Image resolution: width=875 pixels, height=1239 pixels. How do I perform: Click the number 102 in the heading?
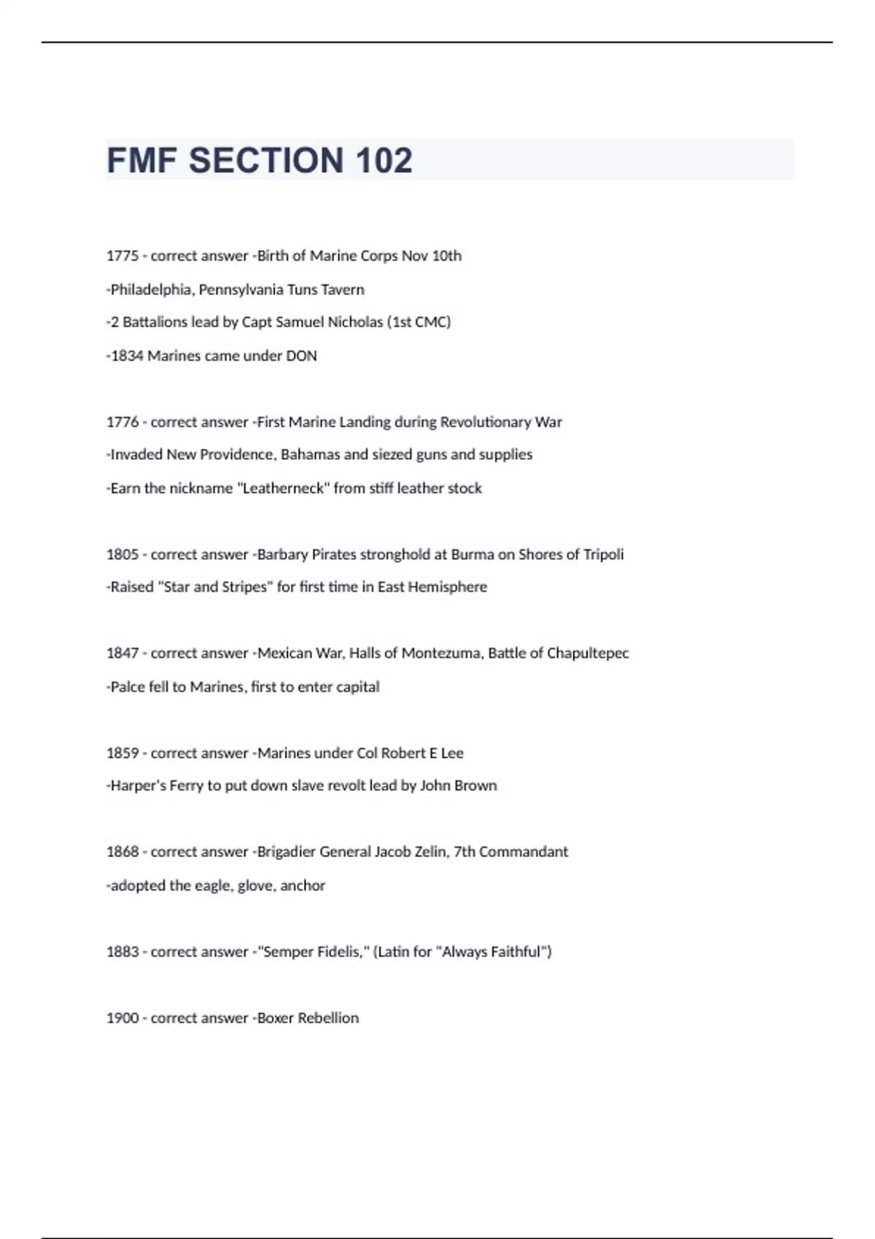(384, 160)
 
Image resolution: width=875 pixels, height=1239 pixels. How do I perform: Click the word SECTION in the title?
(266, 160)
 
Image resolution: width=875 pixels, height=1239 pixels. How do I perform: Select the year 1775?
(122, 256)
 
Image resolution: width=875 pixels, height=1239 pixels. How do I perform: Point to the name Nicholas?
(356, 322)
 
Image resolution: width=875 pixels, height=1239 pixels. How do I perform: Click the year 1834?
(127, 356)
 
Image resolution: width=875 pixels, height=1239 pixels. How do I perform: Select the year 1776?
(122, 422)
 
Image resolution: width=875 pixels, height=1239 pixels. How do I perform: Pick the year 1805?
(122, 555)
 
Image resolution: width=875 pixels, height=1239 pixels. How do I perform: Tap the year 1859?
(122, 753)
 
